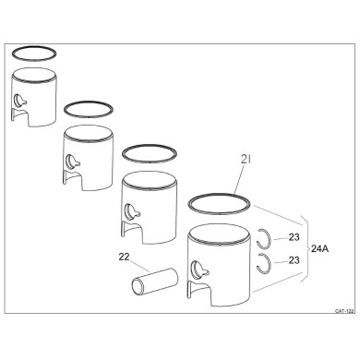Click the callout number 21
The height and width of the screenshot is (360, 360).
[246, 160]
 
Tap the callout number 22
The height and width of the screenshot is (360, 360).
[124, 257]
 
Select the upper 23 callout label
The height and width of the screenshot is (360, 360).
[294, 237]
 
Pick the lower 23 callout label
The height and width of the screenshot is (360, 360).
[294, 260]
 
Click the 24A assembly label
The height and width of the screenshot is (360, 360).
[319, 248]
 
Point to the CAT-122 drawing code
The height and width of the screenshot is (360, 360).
[344, 311]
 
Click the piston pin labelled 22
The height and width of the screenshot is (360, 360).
[155, 281]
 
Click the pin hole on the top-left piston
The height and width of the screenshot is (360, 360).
[19, 101]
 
